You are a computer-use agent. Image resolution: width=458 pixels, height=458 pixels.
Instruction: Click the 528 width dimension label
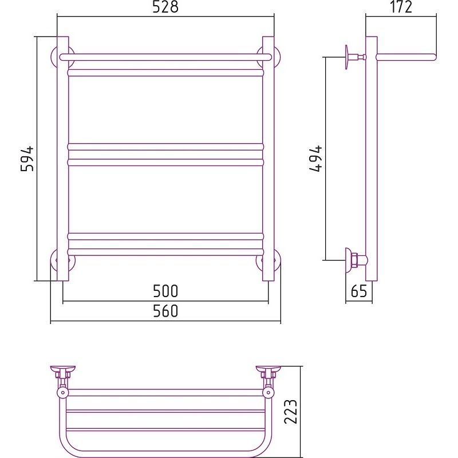click(x=165, y=7)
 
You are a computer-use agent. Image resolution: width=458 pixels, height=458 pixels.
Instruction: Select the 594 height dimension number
click(x=27, y=159)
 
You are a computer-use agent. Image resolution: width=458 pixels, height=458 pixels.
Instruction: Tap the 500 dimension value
click(x=165, y=291)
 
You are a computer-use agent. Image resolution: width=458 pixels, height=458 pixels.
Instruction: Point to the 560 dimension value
click(x=165, y=311)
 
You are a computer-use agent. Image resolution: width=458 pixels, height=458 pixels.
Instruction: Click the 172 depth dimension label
click(x=401, y=7)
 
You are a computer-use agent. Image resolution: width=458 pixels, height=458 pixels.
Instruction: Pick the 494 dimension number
click(x=316, y=159)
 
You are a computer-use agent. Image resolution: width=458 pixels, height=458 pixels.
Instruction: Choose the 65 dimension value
click(x=359, y=291)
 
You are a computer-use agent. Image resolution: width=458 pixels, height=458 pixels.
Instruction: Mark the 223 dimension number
click(x=291, y=412)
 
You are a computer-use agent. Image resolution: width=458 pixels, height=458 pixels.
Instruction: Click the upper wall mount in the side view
click(x=355, y=57)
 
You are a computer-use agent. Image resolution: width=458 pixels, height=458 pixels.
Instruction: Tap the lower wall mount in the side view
click(x=356, y=260)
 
